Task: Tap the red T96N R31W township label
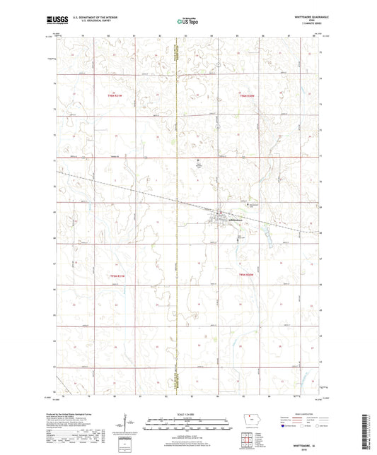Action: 112,95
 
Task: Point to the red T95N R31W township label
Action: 112,274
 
